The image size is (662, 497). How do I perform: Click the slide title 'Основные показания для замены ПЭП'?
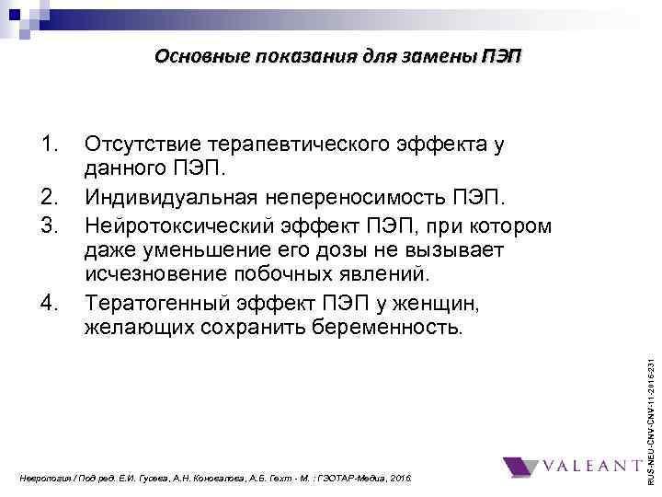coord(337,56)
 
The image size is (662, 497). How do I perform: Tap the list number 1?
coord(50,144)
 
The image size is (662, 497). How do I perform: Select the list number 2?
coord(50,196)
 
